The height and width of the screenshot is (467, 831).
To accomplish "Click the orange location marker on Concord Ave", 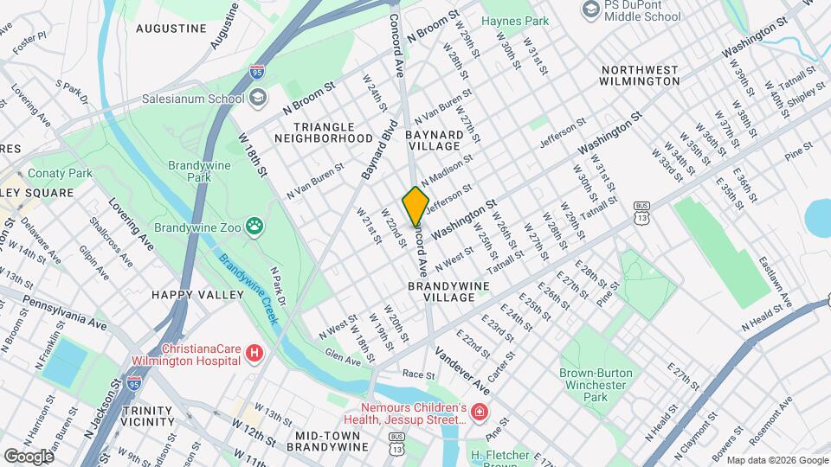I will tap(415, 206).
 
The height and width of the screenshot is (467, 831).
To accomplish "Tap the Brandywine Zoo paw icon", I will tap(254, 227).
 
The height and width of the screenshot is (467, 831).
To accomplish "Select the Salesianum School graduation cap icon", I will tap(257, 99).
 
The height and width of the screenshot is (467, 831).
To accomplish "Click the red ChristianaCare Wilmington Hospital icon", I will tap(254, 352).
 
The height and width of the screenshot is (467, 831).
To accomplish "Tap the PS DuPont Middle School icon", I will tap(591, 10).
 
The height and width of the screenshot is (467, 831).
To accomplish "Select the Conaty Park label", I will tap(60, 173).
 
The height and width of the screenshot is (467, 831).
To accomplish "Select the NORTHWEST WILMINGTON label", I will tap(639, 75).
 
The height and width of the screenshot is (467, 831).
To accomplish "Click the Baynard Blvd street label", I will tap(378, 155).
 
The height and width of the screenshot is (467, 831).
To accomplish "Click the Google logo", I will tap(29, 456).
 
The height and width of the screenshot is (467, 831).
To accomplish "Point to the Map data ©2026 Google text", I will tap(776, 460).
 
